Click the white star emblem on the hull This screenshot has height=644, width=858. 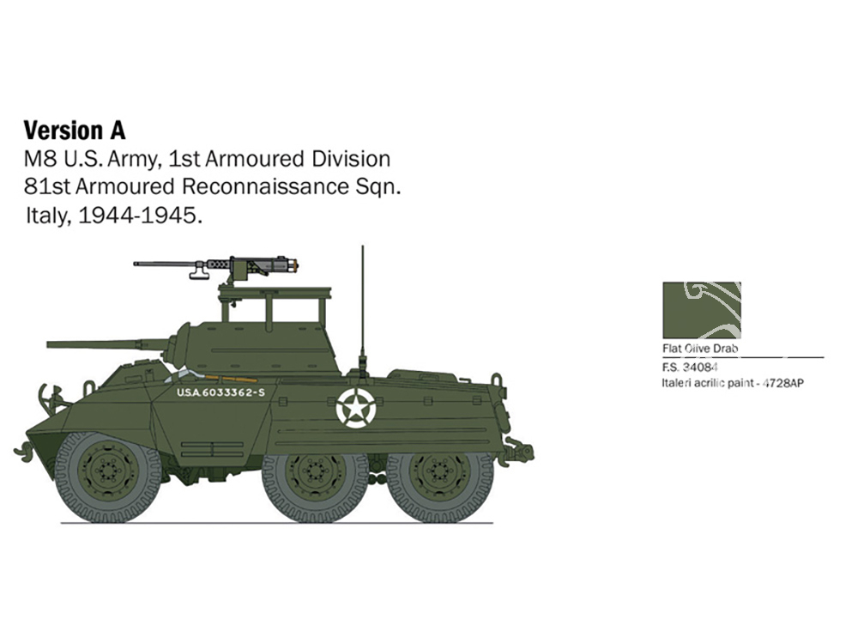point(356,407)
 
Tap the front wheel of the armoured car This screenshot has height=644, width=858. point(108,476)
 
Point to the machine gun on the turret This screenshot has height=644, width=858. point(216,267)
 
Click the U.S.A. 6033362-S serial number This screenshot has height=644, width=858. point(221,392)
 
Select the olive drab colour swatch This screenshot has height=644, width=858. point(702,311)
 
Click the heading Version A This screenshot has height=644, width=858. point(75,131)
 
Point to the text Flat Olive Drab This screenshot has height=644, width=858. point(700,349)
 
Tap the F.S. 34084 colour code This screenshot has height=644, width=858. point(690,367)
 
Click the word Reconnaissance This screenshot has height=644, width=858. point(265,186)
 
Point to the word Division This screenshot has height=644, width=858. point(351,159)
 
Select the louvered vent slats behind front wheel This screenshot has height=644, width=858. point(212,449)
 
